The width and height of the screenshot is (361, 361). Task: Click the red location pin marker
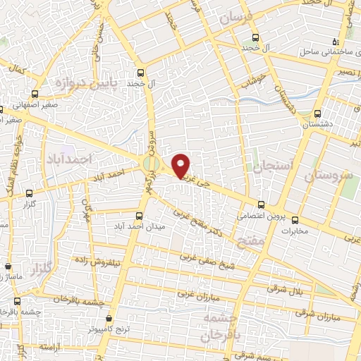tap(181, 166)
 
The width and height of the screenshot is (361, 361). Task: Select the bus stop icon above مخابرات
tap(295, 219)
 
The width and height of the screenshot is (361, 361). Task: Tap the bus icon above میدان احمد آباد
tap(139, 216)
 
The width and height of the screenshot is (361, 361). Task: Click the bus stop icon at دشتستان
tap(317, 113)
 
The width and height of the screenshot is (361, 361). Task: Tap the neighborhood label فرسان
tap(235, 21)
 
